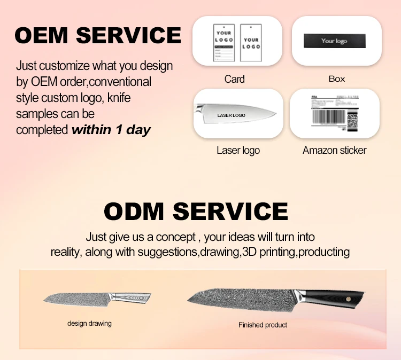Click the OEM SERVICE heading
[x=98, y=35]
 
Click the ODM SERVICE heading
[x=196, y=212]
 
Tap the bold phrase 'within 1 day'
[x=111, y=130]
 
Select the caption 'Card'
[x=234, y=79]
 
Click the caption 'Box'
[x=336, y=79]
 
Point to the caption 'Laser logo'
[x=238, y=150]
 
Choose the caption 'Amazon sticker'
[x=335, y=150]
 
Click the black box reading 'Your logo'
[x=335, y=41]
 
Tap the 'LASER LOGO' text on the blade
[x=231, y=115]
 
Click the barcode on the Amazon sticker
[x=327, y=116]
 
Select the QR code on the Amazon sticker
[x=352, y=120]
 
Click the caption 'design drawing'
[x=89, y=323]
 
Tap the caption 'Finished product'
[x=263, y=325]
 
